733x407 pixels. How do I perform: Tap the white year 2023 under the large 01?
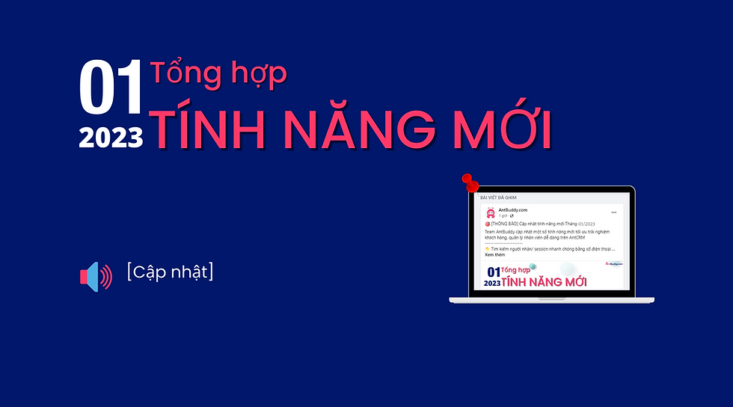coord(111,137)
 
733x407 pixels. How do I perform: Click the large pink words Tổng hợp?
coord(218,75)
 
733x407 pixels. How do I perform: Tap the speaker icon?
coord(96,276)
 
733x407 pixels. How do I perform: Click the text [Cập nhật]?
coord(170,272)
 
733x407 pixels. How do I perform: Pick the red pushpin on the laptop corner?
coord(470,182)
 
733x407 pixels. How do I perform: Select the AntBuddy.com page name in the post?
coord(513,210)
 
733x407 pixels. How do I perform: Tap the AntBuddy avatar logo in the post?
coord(491,212)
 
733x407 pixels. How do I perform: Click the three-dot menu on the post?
coord(613,212)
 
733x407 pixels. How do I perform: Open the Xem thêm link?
coord(495,254)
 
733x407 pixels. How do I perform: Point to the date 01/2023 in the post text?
coord(586,224)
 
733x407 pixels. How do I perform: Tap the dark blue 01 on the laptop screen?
coord(493,272)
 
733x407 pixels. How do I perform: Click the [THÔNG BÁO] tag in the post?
coord(506,224)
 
